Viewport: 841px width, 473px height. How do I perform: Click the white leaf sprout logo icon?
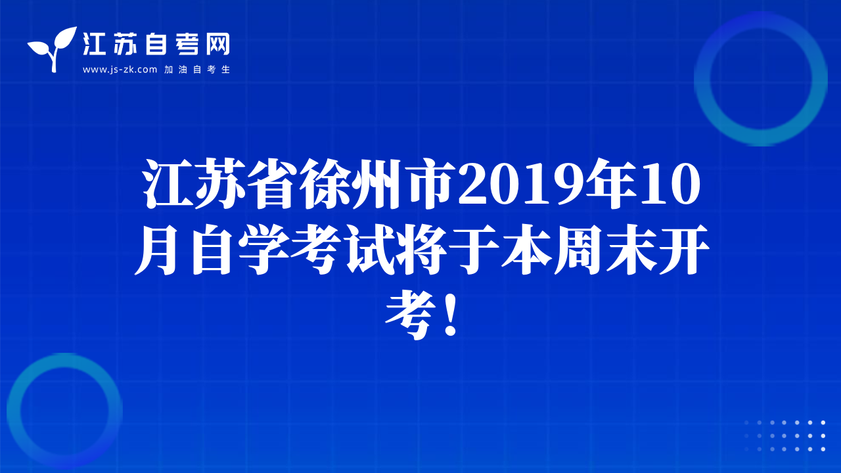pyautogui.click(x=53, y=49)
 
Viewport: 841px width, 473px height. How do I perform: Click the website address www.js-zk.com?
pyautogui.click(x=120, y=70)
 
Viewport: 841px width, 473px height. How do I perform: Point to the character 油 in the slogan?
pyautogui.click(x=183, y=70)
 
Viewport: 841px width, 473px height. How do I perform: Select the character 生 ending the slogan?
pyautogui.click(x=225, y=70)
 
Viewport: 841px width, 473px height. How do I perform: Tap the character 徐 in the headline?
pyautogui.click(x=326, y=183)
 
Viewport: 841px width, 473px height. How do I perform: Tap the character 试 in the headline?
pyautogui.click(x=369, y=250)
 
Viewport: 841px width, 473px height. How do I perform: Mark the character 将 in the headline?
pyautogui.click(x=421, y=250)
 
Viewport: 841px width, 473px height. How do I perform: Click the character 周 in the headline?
pyautogui.click(x=579, y=250)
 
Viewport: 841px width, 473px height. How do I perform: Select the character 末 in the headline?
pyautogui.click(x=631, y=250)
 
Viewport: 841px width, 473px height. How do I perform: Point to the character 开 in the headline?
pyautogui.click(x=684, y=250)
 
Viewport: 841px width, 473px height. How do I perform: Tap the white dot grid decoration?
pyautogui.click(x=784, y=436)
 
